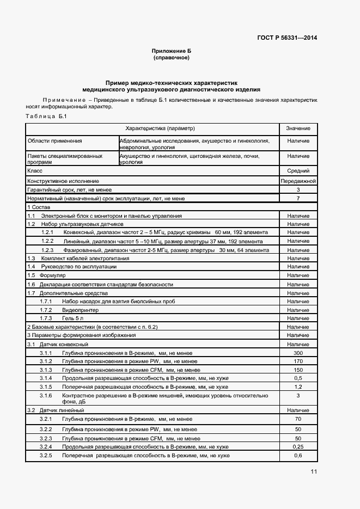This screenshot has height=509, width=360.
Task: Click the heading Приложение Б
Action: tap(171, 50)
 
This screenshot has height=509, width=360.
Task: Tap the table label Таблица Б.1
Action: tap(46, 117)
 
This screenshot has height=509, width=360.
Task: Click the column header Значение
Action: tap(298, 128)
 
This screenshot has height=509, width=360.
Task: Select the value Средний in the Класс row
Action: tap(298, 170)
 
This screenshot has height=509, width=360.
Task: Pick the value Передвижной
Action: tap(298, 180)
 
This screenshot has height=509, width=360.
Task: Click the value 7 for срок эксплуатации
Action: tap(298, 199)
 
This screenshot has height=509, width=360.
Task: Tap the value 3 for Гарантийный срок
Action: tap(298, 189)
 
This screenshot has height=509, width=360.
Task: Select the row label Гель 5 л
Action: tap(73, 318)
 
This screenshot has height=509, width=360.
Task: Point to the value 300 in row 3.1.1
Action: tap(298, 353)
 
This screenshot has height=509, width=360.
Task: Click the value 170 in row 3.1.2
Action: tap(298, 361)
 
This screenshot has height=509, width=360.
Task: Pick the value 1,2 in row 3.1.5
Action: tap(298, 387)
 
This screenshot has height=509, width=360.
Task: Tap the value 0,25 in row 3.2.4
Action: tap(298, 446)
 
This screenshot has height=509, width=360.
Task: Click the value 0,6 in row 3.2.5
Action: tap(298, 455)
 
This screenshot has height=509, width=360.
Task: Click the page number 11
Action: tap(314, 471)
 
